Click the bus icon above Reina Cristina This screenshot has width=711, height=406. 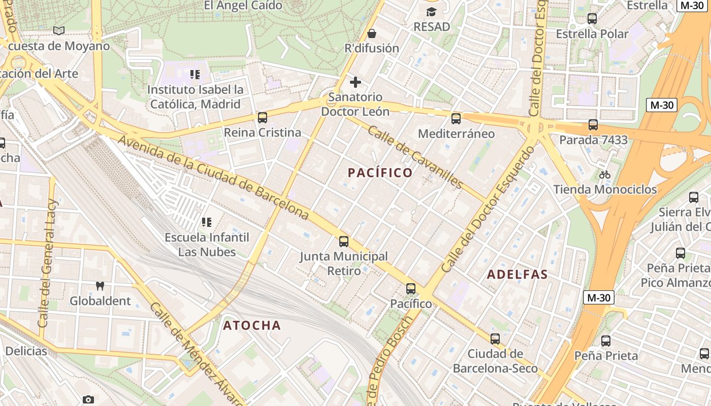click(x=263, y=118)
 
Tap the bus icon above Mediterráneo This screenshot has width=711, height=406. click(x=456, y=119)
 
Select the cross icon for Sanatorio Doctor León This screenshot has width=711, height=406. click(x=355, y=82)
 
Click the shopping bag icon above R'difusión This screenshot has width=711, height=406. click(x=372, y=33)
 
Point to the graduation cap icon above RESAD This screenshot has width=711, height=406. click(x=432, y=12)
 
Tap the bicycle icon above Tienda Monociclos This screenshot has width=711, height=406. click(x=604, y=175)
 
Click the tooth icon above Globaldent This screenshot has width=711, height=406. click(x=100, y=286)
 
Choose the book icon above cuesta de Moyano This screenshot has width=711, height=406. click(x=59, y=31)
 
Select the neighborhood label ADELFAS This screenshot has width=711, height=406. click(x=517, y=275)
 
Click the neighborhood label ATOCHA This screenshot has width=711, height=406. click(x=252, y=325)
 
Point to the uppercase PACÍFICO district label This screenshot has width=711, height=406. click(x=380, y=173)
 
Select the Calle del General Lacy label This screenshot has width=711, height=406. click(x=49, y=264)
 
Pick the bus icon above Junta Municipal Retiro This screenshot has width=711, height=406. click(x=344, y=242)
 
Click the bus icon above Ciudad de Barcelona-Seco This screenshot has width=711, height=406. click(x=495, y=339)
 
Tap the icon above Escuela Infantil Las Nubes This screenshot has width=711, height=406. click(x=207, y=222)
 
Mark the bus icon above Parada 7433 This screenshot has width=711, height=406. click(x=593, y=125)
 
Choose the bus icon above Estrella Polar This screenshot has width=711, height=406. click(x=592, y=19)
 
